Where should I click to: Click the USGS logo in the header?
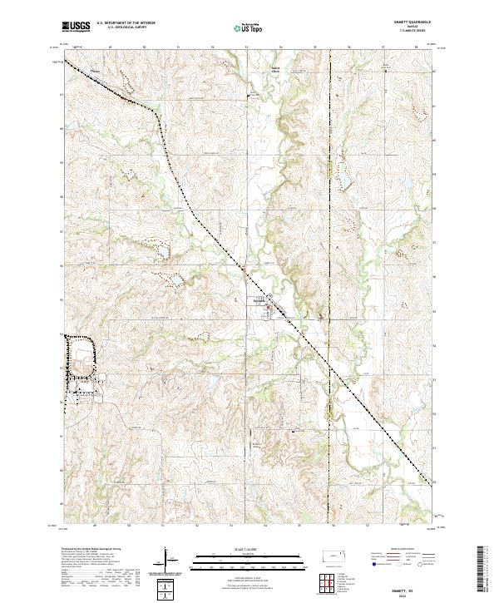76,26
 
